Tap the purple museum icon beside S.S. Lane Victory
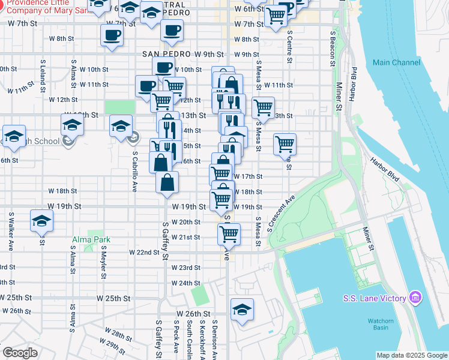tap(414, 298)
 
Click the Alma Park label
tap(91, 239)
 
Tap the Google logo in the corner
tap(20, 353)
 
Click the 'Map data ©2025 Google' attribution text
tap(412, 355)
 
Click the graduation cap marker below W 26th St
tap(242, 309)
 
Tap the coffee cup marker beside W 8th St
tap(112, 35)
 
